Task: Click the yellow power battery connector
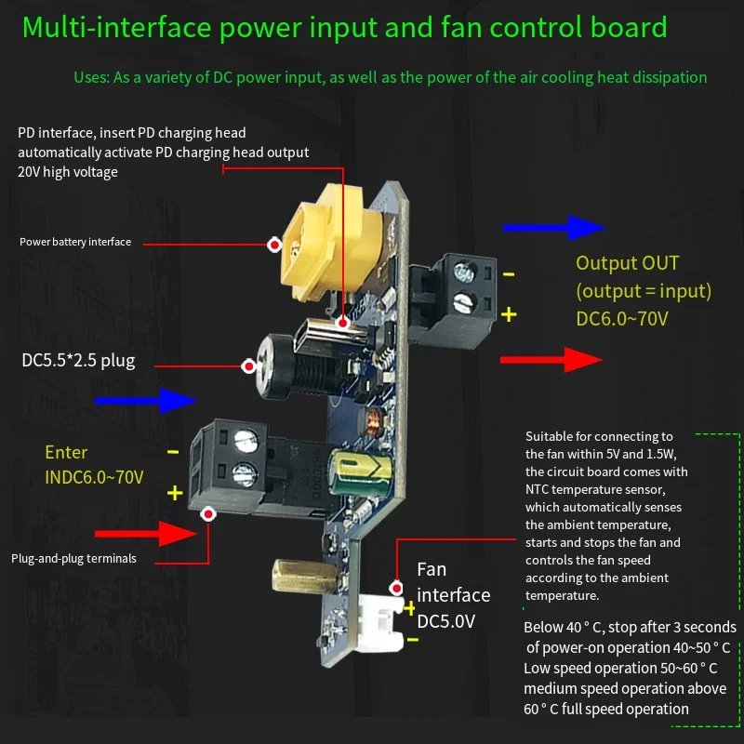(x=331, y=243)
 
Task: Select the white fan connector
(x=380, y=622)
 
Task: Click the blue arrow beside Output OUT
(x=553, y=228)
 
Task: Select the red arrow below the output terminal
(x=551, y=360)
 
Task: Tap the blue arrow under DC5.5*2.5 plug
(x=146, y=401)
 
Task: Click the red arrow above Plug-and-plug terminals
(x=146, y=534)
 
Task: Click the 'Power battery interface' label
(x=75, y=242)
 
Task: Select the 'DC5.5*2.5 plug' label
(x=78, y=361)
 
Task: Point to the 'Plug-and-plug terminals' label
(x=73, y=559)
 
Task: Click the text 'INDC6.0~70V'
(x=94, y=477)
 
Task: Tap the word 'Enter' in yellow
(x=66, y=452)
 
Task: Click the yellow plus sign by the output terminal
(x=509, y=314)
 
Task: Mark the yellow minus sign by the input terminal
(x=173, y=452)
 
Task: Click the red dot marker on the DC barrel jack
(x=248, y=366)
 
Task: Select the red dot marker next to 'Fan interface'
(x=396, y=589)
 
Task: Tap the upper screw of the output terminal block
(x=463, y=272)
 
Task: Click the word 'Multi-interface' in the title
(x=117, y=27)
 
